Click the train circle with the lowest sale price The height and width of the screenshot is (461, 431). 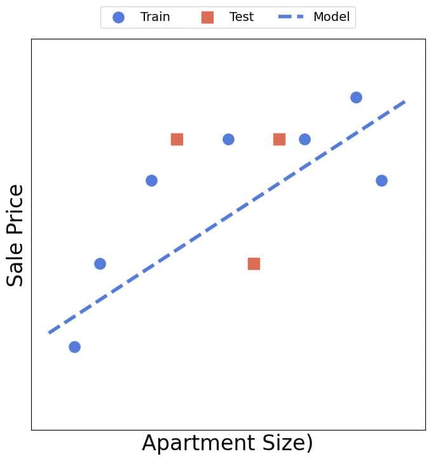tap(74, 347)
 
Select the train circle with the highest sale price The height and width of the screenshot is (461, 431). tap(356, 97)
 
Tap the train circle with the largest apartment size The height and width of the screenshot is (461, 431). tap(381, 180)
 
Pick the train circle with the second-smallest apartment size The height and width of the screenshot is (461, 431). tap(100, 264)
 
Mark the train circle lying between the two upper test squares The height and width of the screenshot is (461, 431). tap(228, 139)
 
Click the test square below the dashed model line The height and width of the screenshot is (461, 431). tap(254, 264)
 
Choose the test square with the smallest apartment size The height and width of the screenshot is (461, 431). tap(177, 139)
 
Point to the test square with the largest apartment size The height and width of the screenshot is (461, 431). tap(279, 139)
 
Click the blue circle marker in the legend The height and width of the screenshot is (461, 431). tap(118, 17)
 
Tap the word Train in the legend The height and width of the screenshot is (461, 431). tap(155, 17)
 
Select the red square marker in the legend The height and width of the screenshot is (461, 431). tap(207, 17)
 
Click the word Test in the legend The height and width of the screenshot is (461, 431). tap(242, 17)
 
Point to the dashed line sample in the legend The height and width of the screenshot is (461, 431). tap(292, 17)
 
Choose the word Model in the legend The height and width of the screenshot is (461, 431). tap(331, 17)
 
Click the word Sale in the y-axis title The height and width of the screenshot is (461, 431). tap(15, 262)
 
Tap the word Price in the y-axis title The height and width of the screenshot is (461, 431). tap(15, 209)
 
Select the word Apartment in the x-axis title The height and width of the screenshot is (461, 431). tap(195, 443)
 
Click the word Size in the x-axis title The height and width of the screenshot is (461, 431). tap(282, 443)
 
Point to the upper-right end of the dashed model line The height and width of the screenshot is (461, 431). tap(405, 101)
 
